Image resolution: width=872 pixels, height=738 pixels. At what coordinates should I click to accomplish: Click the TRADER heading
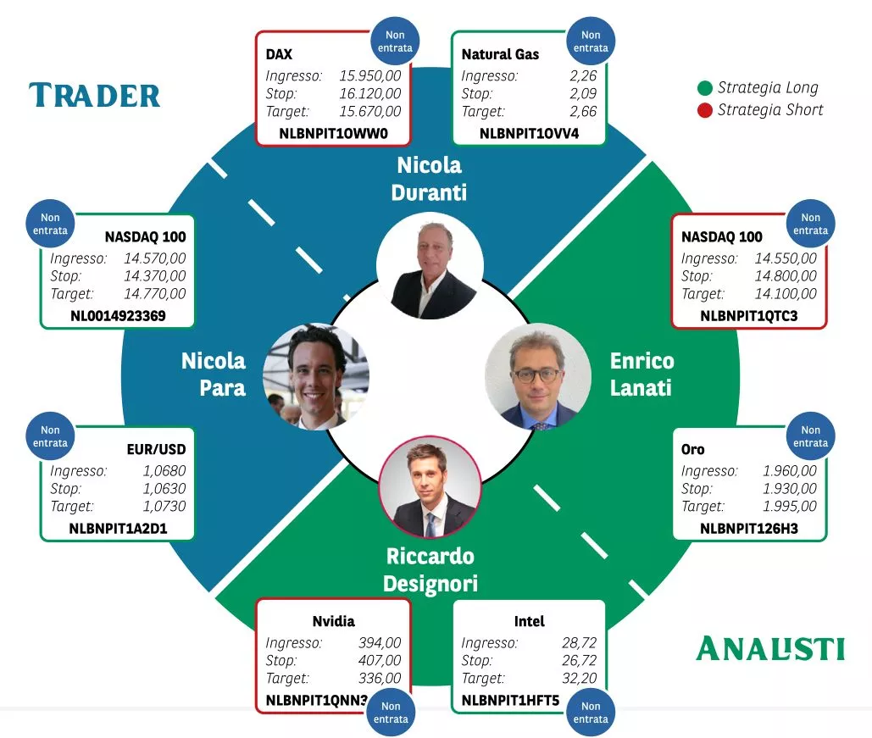pyautogui.click(x=95, y=95)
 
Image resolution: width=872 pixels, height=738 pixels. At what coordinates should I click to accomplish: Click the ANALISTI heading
pyautogui.click(x=770, y=648)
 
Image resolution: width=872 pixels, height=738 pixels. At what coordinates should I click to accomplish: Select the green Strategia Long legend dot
pyautogui.click(x=704, y=88)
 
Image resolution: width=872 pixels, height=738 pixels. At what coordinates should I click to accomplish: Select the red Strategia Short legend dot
pyautogui.click(x=704, y=110)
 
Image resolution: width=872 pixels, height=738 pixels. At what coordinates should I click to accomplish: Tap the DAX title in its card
pyautogui.click(x=279, y=54)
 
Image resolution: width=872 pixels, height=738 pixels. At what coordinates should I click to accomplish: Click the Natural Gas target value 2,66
pyautogui.click(x=583, y=111)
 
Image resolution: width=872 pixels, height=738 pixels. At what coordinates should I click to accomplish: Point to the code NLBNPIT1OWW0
pyautogui.click(x=333, y=134)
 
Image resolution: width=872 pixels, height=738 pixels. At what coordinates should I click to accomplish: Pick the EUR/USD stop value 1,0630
pyautogui.click(x=164, y=488)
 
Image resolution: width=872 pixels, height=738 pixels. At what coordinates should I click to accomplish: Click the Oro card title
pyautogui.click(x=692, y=449)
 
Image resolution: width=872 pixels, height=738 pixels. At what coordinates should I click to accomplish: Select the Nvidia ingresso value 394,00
pyautogui.click(x=380, y=642)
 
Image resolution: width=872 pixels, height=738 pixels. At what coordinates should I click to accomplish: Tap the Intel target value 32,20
pyautogui.click(x=579, y=678)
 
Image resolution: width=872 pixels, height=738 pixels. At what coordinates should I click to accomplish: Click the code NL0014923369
pyautogui.click(x=118, y=316)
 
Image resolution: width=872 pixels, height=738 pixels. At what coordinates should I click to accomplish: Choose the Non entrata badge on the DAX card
pyautogui.click(x=395, y=42)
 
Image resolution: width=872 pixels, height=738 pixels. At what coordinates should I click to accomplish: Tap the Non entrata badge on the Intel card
pyautogui.click(x=591, y=713)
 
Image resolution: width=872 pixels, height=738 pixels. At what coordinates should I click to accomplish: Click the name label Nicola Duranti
pyautogui.click(x=429, y=179)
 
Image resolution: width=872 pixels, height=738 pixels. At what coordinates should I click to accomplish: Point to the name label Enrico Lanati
pyautogui.click(x=642, y=375)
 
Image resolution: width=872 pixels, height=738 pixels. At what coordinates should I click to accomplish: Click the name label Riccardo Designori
pyautogui.click(x=430, y=570)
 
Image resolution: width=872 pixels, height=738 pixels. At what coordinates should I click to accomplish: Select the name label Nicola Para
pyautogui.click(x=214, y=375)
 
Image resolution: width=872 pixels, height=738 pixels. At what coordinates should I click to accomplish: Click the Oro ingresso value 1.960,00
pyautogui.click(x=790, y=470)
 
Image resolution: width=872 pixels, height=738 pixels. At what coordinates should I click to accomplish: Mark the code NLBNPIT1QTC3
pyautogui.click(x=748, y=316)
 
